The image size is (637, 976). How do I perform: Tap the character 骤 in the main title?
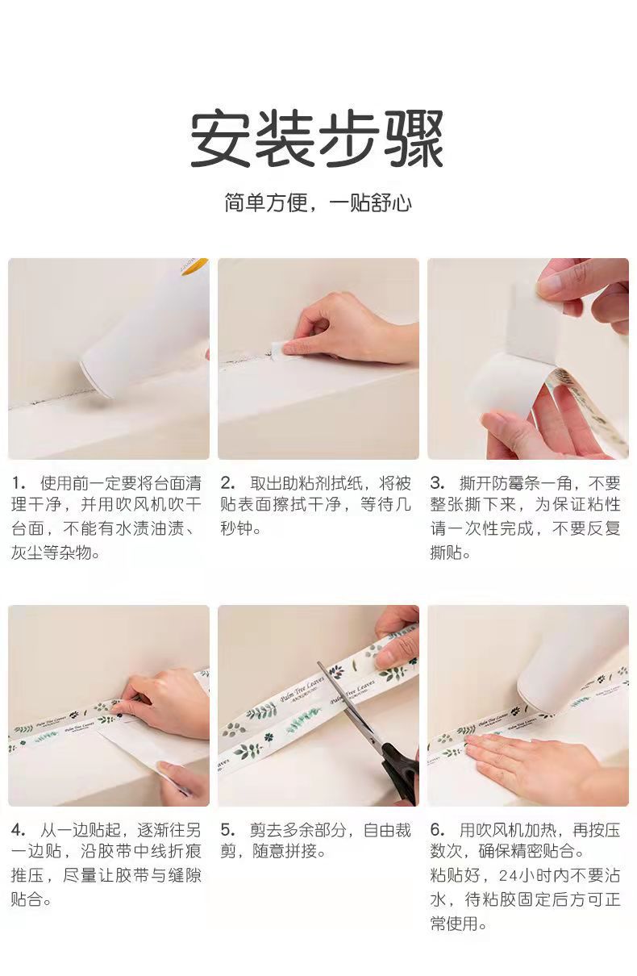(414, 140)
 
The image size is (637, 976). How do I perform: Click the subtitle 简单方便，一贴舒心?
(318, 202)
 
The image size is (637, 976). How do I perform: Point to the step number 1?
(18, 483)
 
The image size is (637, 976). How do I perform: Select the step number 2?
(227, 483)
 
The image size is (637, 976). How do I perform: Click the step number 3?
(438, 483)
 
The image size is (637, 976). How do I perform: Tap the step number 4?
(19, 830)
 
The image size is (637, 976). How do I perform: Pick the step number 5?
(227, 830)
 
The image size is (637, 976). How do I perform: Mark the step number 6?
(438, 830)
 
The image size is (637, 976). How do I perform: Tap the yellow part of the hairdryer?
(194, 266)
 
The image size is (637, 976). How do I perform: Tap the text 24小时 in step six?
(532, 876)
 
